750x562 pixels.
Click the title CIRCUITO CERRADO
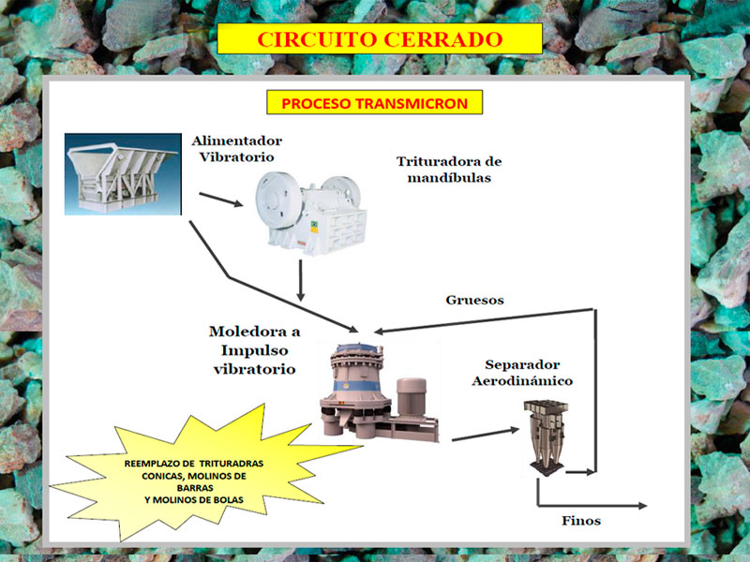click(380, 39)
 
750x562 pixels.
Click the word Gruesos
click(474, 301)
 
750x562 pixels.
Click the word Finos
click(581, 520)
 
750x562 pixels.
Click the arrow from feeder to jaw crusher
click(221, 200)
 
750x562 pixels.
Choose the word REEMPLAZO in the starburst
click(152, 464)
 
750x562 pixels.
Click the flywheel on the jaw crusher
click(278, 199)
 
